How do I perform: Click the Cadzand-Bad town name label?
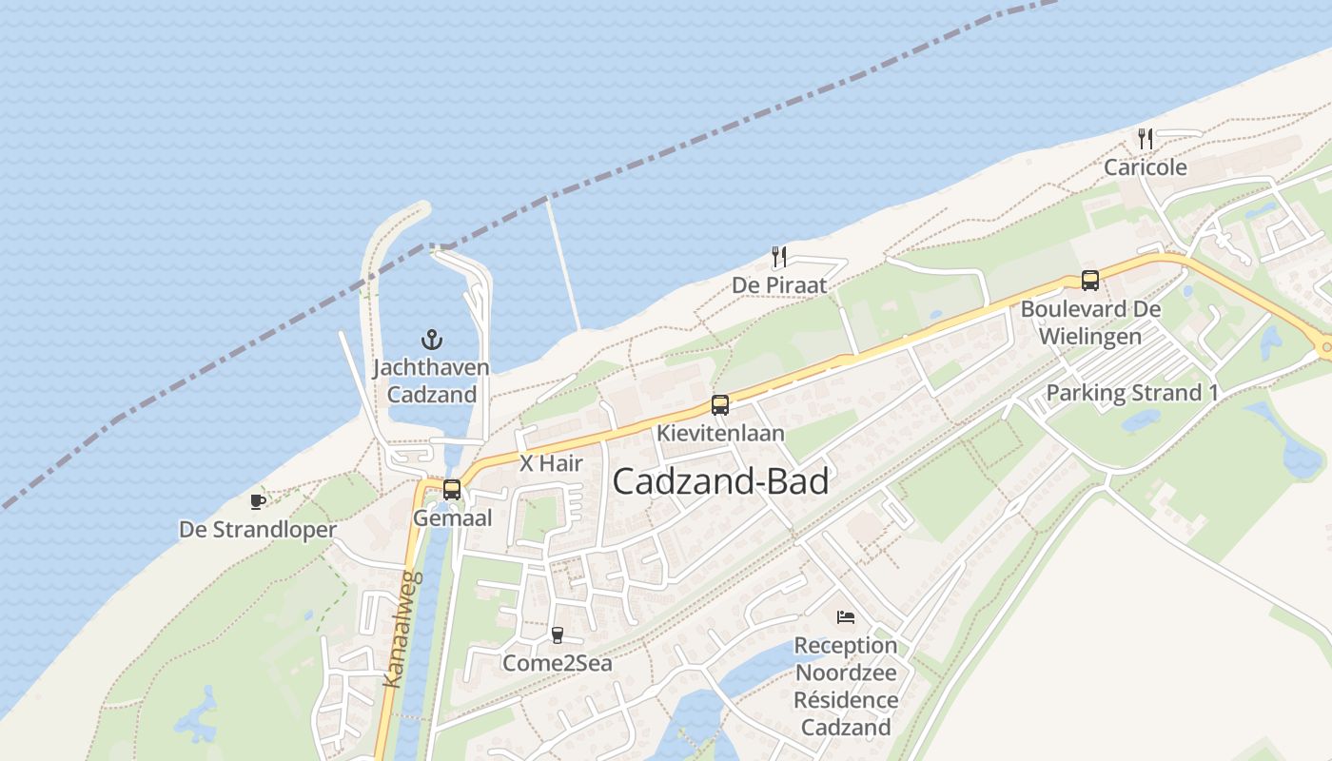720,481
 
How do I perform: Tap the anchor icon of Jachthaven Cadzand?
432,339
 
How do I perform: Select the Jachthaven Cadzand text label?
431,380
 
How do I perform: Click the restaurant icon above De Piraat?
778,256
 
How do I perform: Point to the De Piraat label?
779,285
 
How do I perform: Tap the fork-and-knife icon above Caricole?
1146,139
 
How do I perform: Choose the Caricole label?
1146,167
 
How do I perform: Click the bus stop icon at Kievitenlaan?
720,405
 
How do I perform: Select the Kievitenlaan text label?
720,434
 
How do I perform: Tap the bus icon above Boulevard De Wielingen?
1090,281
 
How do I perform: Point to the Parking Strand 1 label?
1132,393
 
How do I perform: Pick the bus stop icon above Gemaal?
452,490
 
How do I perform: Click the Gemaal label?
452,518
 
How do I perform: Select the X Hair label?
551,464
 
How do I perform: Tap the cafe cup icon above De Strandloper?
257,501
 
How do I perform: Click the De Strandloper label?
258,530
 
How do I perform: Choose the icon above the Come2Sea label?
558,634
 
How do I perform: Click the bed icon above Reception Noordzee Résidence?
846,617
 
